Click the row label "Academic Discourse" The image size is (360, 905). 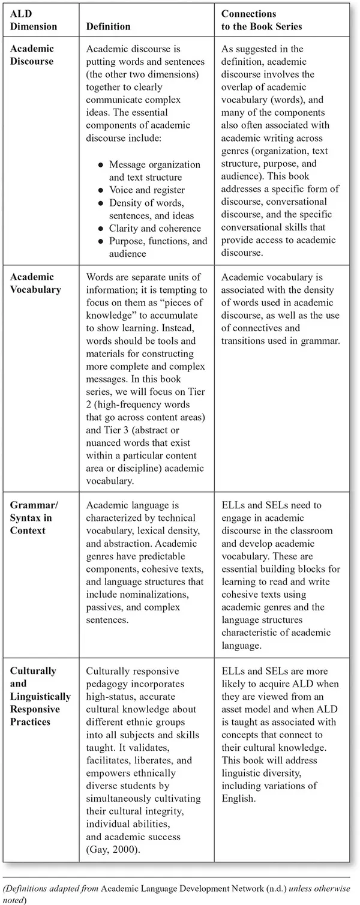click(32, 54)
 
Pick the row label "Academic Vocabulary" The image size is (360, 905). click(35, 283)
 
